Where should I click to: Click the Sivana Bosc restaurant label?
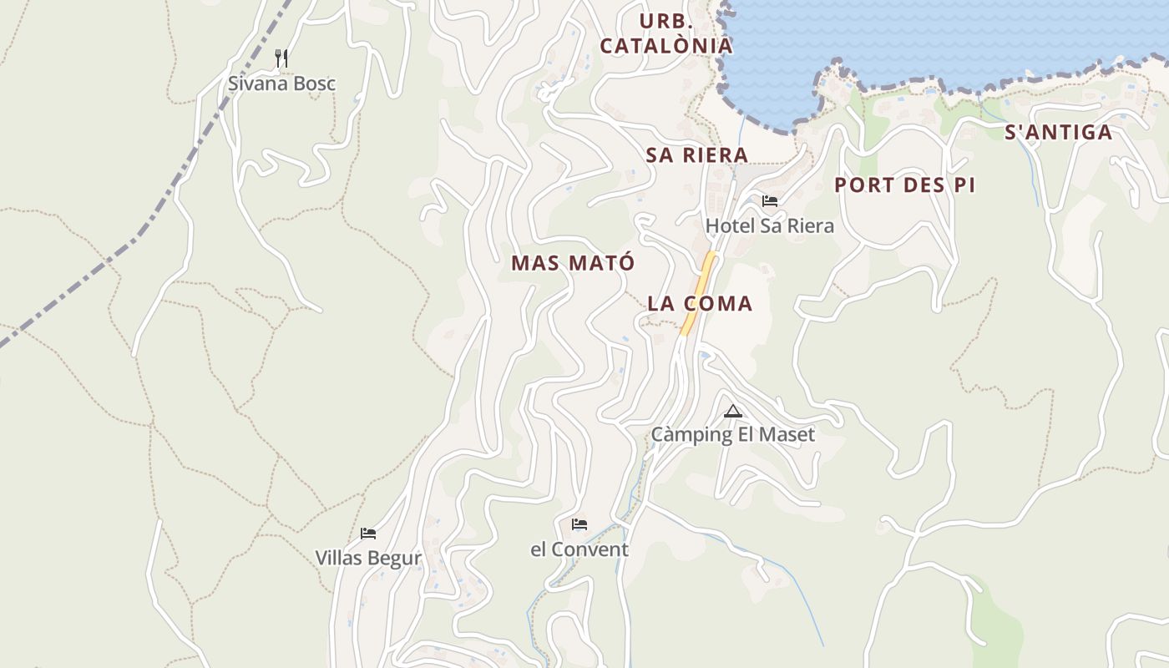tap(281, 83)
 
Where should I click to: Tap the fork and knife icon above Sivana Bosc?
tap(281, 58)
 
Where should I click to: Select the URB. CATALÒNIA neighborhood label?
tap(665, 33)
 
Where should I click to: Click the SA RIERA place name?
tap(696, 155)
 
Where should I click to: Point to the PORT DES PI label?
tap(904, 185)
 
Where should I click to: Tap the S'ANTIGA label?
tap(1058, 132)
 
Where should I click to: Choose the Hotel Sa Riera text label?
tap(769, 225)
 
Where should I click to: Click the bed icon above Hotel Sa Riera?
tap(769, 201)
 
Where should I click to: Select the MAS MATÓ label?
tap(573, 263)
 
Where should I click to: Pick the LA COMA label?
tap(700, 304)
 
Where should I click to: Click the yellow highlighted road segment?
tap(700, 292)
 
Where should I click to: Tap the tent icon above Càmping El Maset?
tap(733, 411)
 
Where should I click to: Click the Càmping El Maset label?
tap(732, 435)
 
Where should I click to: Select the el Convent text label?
tap(579, 549)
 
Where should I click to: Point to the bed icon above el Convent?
tap(579, 524)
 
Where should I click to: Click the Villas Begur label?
tap(367, 558)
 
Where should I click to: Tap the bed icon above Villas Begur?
tap(367, 533)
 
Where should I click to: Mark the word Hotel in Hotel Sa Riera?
tap(729, 225)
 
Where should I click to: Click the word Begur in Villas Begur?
tap(394, 558)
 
